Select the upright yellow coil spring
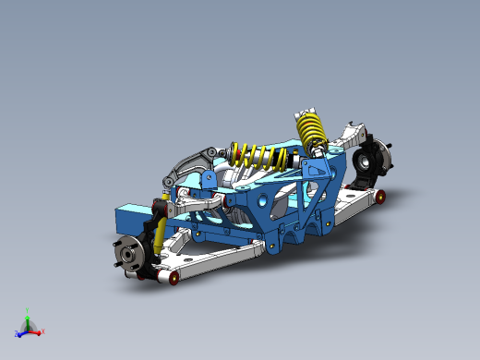310,128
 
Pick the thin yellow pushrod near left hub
161,229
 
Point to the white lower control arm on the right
351,208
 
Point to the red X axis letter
42,330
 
